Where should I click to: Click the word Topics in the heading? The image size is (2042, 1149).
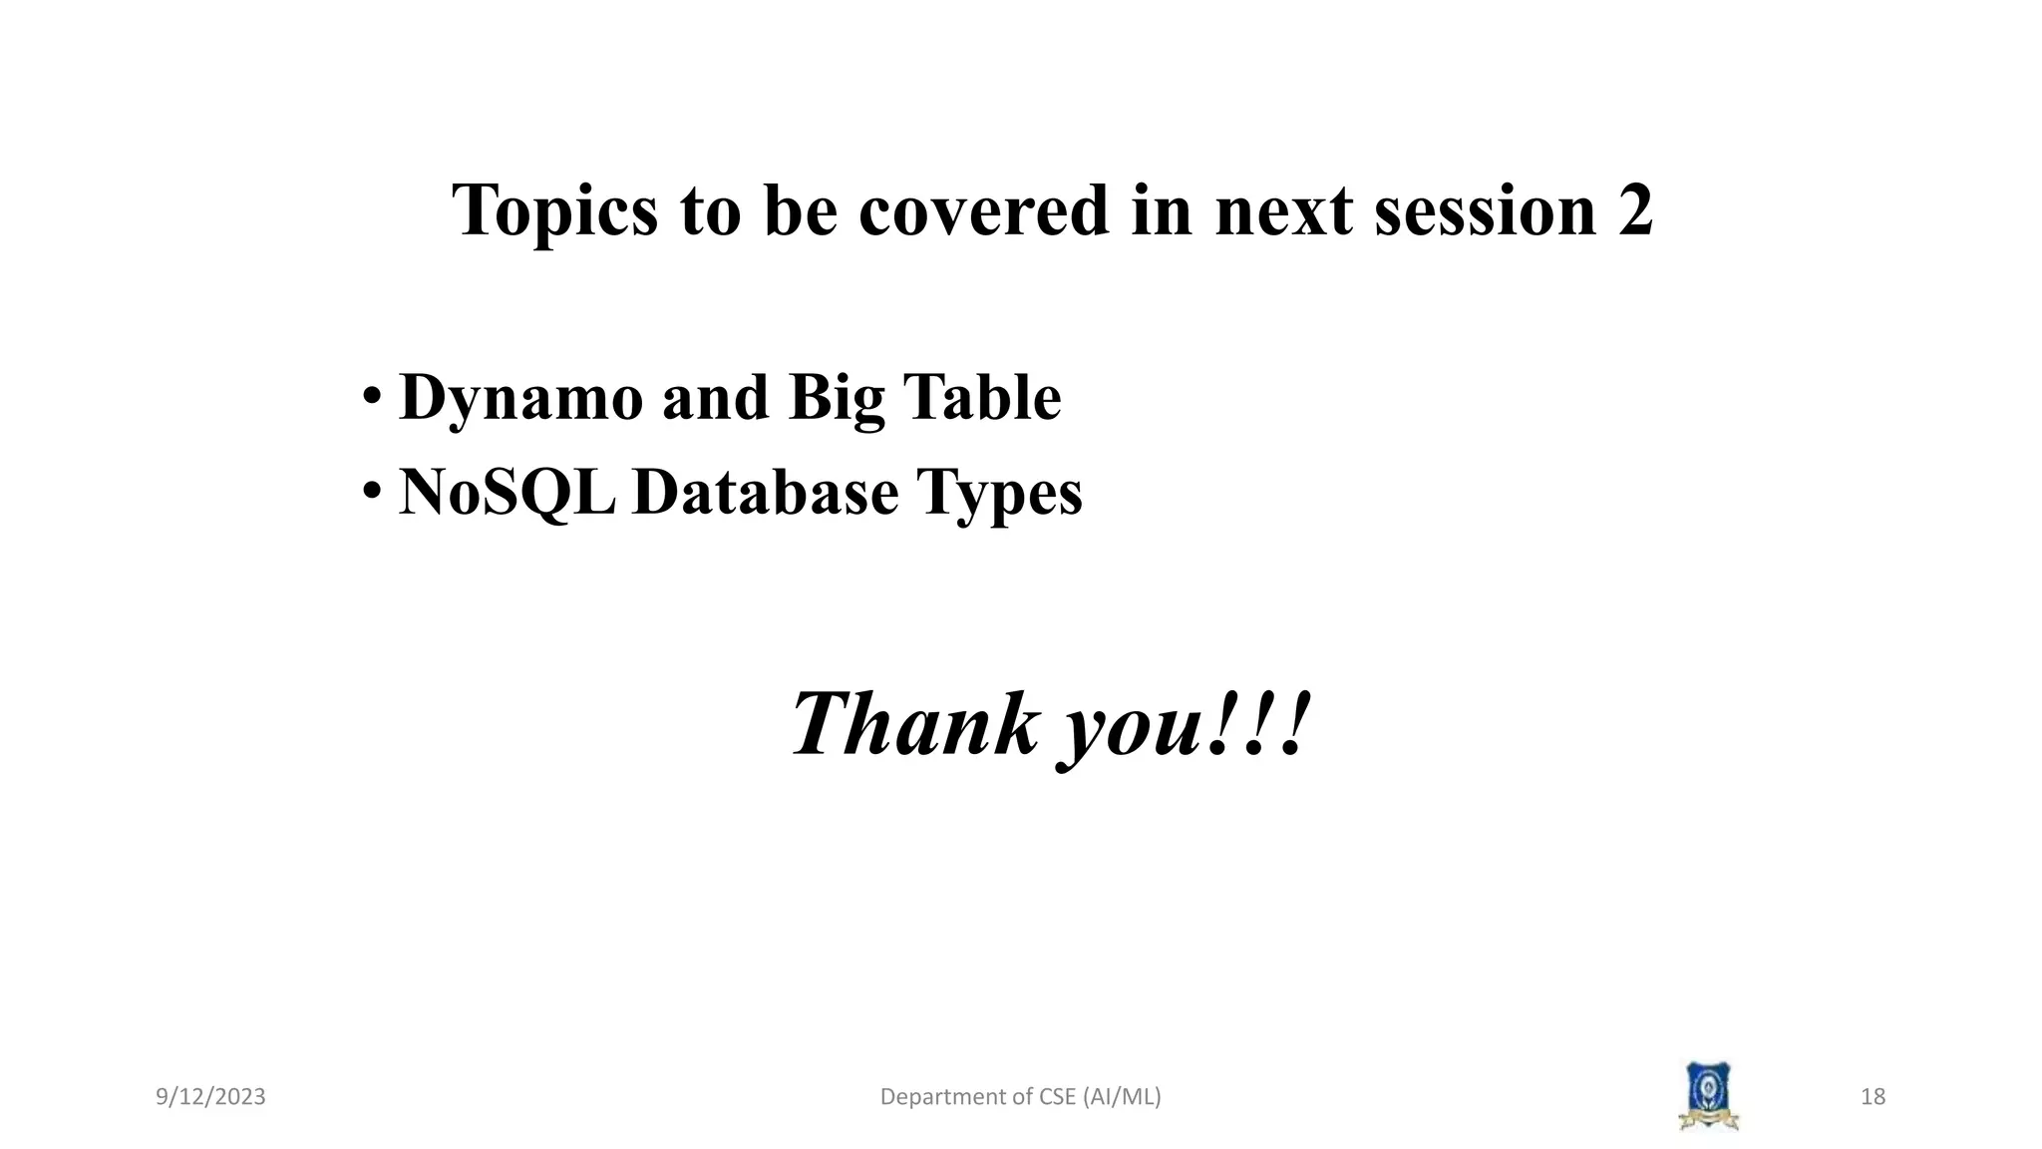pos(554,211)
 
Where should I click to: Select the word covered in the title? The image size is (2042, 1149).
pos(983,211)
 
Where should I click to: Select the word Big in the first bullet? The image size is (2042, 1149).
pos(836,399)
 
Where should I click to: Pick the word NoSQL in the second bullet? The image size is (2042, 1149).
pos(507,493)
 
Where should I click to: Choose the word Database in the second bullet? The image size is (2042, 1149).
pos(765,493)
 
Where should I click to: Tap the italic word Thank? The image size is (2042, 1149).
pos(913,724)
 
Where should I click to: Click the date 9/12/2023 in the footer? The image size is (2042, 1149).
pos(210,1097)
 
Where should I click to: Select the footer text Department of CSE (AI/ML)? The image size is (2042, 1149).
pos(1020,1097)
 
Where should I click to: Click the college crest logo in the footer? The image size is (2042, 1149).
pos(1708,1096)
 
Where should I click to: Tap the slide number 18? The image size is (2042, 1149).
pos(1872,1097)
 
